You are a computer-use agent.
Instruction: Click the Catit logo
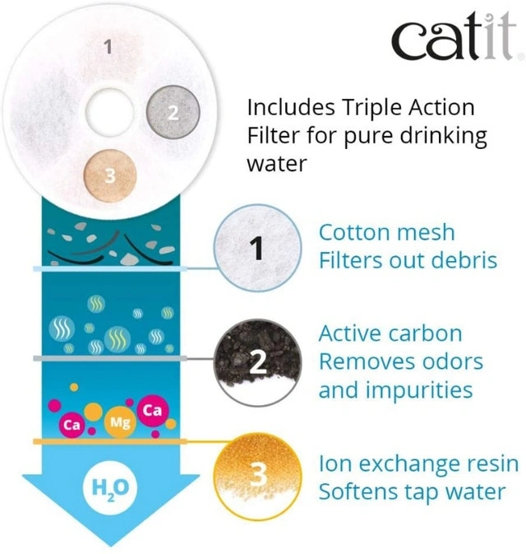(x=454, y=36)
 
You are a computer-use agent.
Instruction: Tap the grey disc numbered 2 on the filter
(x=173, y=112)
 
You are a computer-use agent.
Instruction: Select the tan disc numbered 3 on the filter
(x=110, y=175)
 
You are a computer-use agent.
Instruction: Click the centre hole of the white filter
(x=109, y=112)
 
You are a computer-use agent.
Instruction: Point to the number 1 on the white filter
(x=108, y=47)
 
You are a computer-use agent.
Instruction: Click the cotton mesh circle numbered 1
(x=257, y=248)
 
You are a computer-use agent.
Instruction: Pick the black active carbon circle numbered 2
(x=257, y=362)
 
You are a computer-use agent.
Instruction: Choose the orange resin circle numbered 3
(x=257, y=476)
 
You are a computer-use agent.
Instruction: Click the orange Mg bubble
(x=120, y=421)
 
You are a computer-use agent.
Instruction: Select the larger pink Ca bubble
(x=153, y=410)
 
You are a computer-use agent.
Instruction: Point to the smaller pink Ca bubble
(x=72, y=425)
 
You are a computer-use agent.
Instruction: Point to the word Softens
(x=358, y=491)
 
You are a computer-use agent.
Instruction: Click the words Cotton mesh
(x=386, y=232)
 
